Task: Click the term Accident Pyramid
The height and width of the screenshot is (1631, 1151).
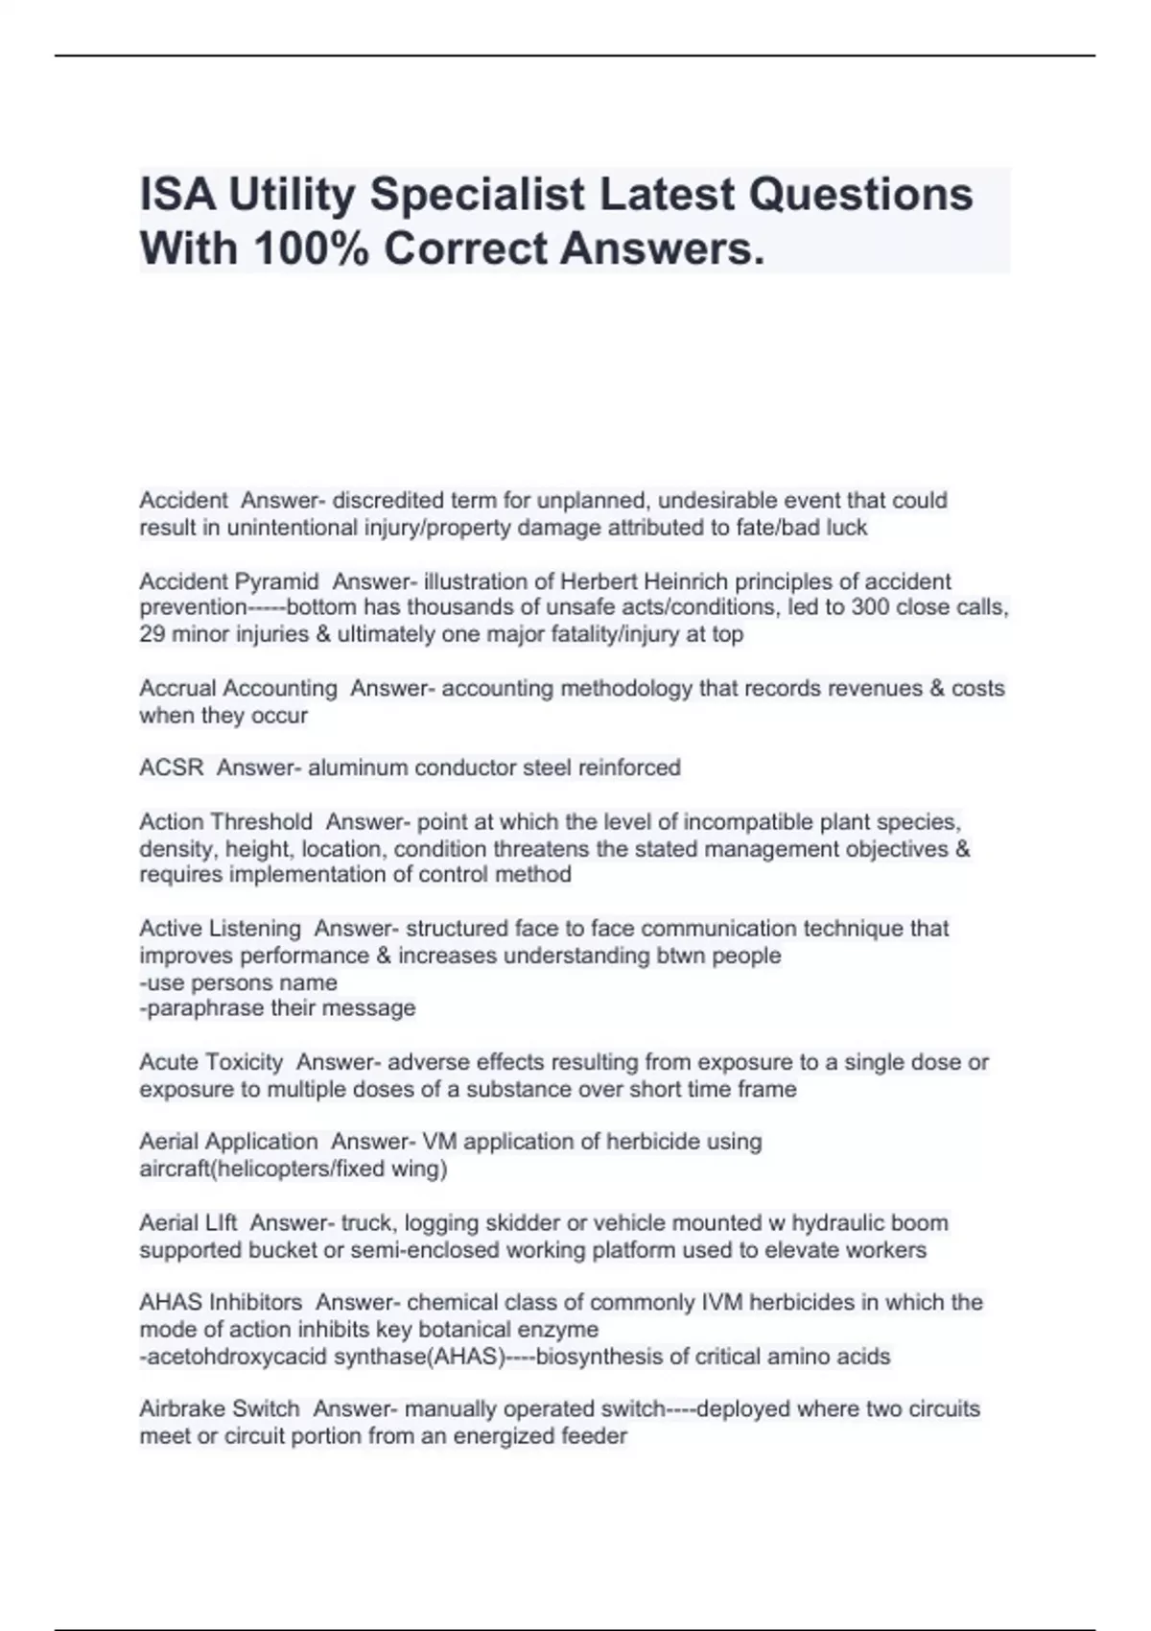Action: (228, 581)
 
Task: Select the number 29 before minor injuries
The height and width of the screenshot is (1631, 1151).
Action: (152, 634)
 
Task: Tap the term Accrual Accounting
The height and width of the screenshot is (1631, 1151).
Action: (238, 688)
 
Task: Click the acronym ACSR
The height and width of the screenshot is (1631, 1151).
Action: (172, 768)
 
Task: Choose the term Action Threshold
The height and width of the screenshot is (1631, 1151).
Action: (225, 822)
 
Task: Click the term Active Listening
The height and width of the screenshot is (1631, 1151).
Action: (220, 929)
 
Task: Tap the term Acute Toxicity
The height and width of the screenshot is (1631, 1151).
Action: (211, 1062)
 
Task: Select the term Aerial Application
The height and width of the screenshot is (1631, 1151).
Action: (228, 1142)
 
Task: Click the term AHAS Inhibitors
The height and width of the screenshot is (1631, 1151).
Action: (221, 1303)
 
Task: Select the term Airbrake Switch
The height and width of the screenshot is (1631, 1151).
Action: (220, 1409)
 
